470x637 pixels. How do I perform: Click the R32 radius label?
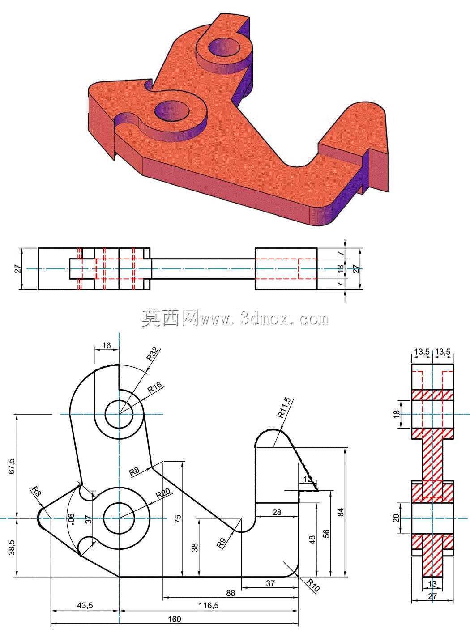point(153,354)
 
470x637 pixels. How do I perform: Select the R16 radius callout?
point(155,387)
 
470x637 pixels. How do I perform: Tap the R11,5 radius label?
point(285,408)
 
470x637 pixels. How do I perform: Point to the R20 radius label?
point(163,493)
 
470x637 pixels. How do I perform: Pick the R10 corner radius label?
point(313,584)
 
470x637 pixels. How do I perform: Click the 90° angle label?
point(71,519)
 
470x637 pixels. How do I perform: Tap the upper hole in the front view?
point(119,414)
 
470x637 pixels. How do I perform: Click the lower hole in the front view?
point(119,519)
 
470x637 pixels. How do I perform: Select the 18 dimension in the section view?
point(396,414)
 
